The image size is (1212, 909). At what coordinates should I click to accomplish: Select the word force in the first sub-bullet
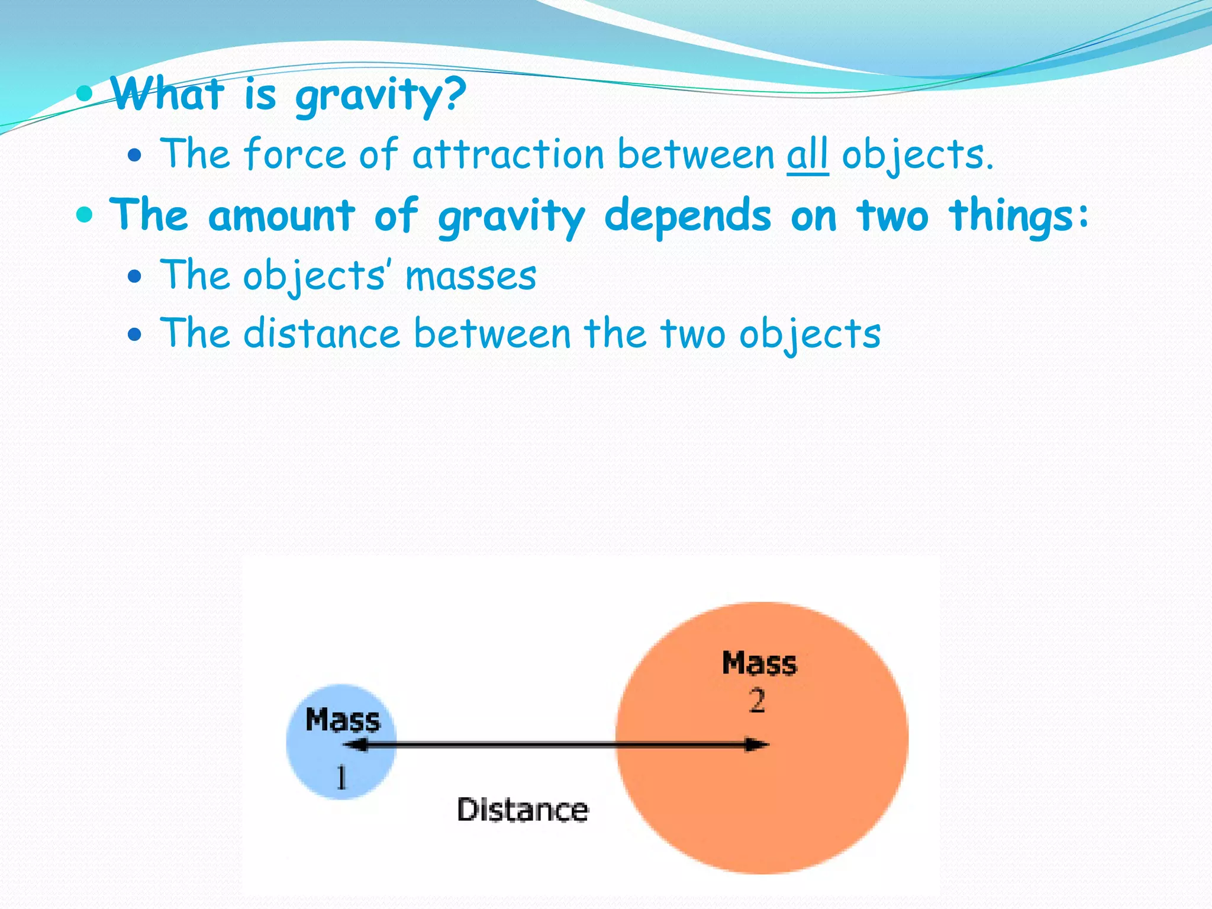click(294, 154)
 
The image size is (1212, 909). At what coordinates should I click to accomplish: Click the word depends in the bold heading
click(688, 216)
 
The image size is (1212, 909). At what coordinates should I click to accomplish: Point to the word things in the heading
click(1018, 216)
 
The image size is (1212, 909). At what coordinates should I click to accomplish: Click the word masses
click(470, 276)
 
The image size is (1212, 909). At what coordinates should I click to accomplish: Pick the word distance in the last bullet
click(322, 333)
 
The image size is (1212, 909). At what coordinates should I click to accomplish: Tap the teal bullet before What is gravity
click(85, 92)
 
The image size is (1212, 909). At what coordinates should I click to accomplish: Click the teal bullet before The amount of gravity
click(85, 214)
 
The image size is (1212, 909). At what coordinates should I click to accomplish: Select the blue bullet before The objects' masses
click(136, 276)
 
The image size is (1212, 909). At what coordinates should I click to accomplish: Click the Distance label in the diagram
click(523, 810)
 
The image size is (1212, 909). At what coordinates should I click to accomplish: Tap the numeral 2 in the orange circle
click(757, 701)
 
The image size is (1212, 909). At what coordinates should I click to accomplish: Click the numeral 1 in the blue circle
click(341, 777)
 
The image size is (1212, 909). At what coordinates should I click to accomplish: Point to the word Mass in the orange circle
click(759, 663)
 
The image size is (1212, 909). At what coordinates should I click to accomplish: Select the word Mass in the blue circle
click(343, 721)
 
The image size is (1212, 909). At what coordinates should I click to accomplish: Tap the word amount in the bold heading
click(282, 216)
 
